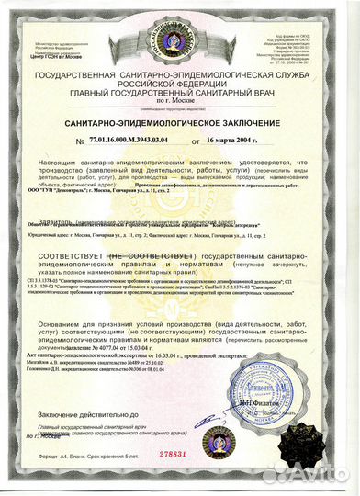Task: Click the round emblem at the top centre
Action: [178, 23]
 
